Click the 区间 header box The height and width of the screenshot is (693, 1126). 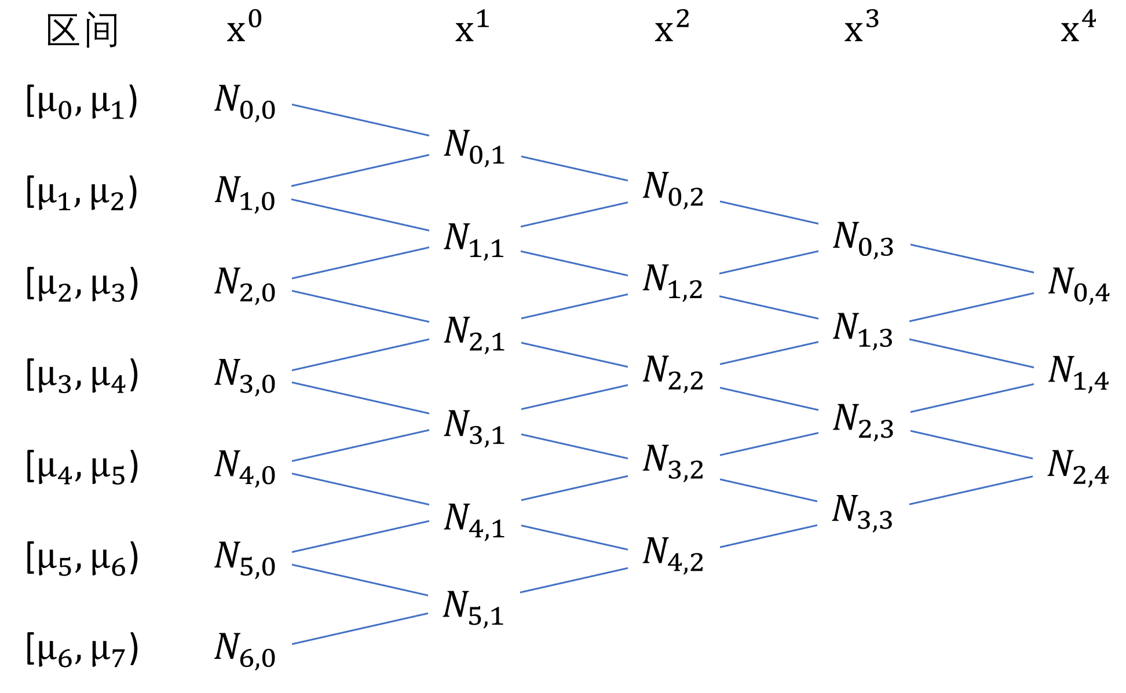tap(82, 28)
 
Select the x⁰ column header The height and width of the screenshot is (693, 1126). tap(245, 28)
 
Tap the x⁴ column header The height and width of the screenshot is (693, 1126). tap(1079, 28)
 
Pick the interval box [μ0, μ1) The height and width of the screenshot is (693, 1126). tap(82, 98)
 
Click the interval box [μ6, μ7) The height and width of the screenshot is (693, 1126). tap(82, 646)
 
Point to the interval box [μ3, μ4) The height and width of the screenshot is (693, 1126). tap(82, 372)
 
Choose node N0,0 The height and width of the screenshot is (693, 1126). tap(246, 99)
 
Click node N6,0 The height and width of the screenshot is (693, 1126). tap(246, 647)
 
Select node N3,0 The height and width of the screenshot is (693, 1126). tap(246, 373)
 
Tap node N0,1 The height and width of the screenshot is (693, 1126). tap(475, 144)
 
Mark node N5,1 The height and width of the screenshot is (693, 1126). tap(474, 604)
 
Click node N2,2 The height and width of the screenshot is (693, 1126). tap(674, 369)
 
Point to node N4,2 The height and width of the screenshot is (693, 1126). tap(674, 551)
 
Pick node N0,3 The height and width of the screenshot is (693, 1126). tap(864, 236)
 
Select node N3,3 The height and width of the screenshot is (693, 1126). tap(863, 509)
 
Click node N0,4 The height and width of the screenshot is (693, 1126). tap(1080, 281)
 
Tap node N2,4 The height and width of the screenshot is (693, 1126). tap(1079, 464)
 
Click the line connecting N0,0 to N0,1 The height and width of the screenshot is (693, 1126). tap(360, 120)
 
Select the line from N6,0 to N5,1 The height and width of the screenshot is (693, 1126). tap(360, 629)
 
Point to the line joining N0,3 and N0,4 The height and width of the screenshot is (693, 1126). tap(972, 258)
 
